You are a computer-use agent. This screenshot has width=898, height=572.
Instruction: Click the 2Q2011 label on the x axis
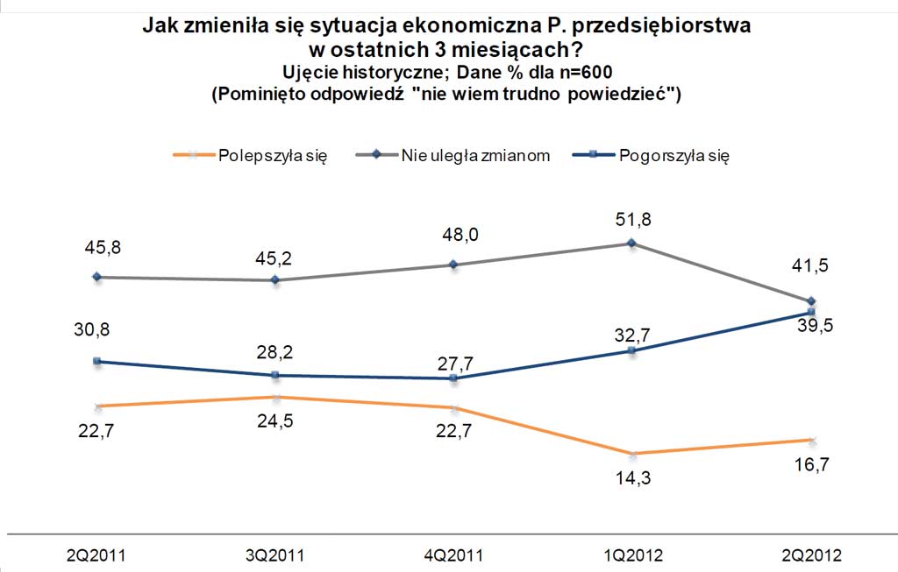[97, 554]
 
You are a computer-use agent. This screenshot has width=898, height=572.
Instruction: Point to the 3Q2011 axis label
[274, 554]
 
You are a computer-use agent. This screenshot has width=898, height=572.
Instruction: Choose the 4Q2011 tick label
[453, 554]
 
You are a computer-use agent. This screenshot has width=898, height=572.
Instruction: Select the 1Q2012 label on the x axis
[631, 554]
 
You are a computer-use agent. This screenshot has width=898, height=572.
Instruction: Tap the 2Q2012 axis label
[810, 554]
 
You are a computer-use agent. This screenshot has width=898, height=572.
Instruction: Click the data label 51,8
[631, 218]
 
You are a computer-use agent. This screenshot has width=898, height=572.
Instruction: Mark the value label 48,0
[453, 235]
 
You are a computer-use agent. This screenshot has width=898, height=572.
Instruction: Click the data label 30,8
[97, 329]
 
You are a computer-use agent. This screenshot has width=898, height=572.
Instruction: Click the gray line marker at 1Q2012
[631, 244]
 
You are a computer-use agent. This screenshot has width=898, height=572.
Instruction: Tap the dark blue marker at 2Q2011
[97, 361]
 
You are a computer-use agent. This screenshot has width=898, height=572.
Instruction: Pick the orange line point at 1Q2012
[631, 454]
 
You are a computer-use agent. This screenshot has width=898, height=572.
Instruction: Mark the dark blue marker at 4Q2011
[453, 378]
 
